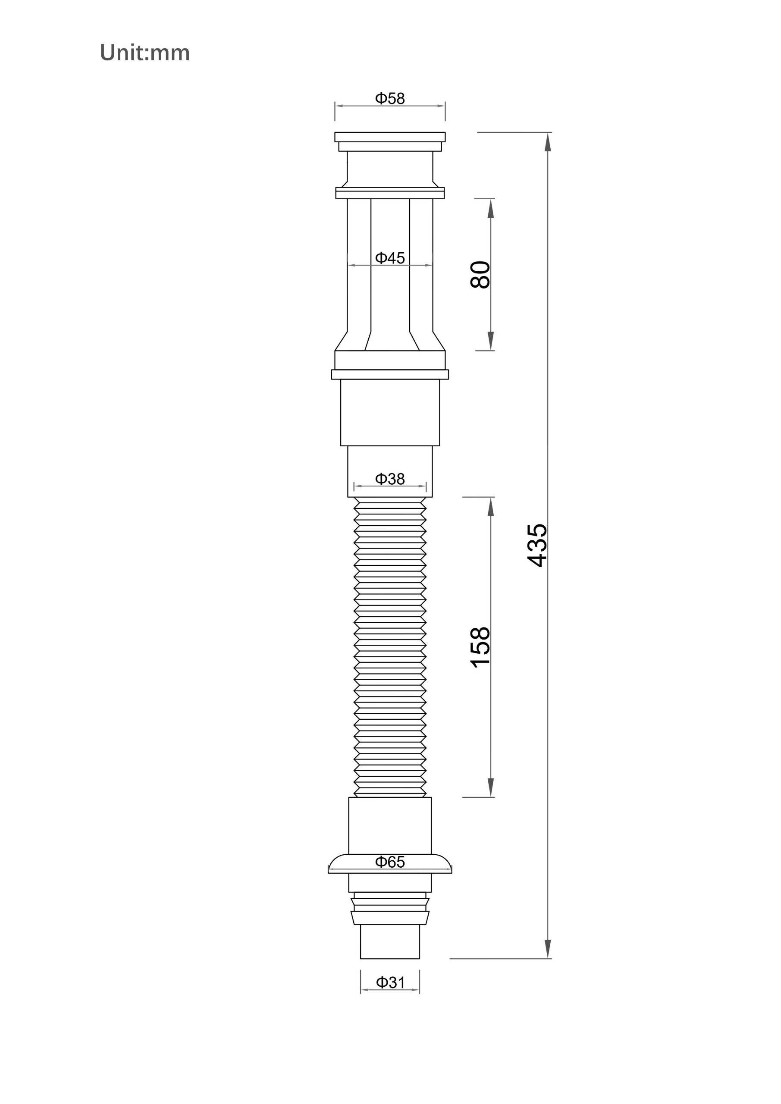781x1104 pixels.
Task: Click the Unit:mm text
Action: pyautogui.click(x=145, y=53)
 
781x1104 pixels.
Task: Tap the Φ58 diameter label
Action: pyautogui.click(x=390, y=99)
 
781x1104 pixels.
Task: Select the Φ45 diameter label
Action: pyautogui.click(x=390, y=258)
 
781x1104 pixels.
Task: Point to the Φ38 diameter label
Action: pyautogui.click(x=390, y=479)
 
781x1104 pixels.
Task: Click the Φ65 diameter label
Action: pyautogui.click(x=390, y=862)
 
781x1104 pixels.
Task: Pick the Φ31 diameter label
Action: pyautogui.click(x=390, y=982)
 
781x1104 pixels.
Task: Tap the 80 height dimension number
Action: pyautogui.click(x=480, y=275)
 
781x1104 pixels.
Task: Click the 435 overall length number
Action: pyautogui.click(x=537, y=545)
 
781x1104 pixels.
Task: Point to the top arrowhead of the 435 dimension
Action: pyautogui.click(x=547, y=141)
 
